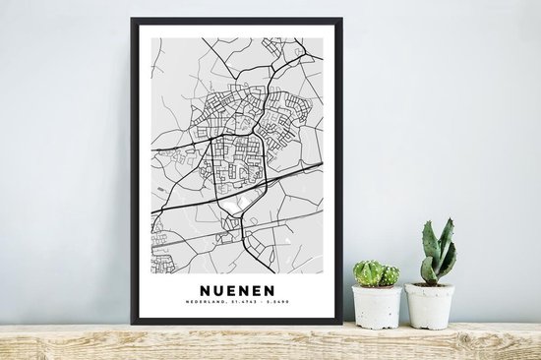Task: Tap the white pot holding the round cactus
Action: coord(377,307)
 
